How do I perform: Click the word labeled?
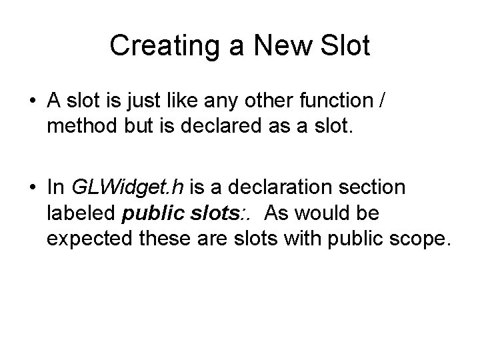point(82,213)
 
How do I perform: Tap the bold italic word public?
point(153,214)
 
